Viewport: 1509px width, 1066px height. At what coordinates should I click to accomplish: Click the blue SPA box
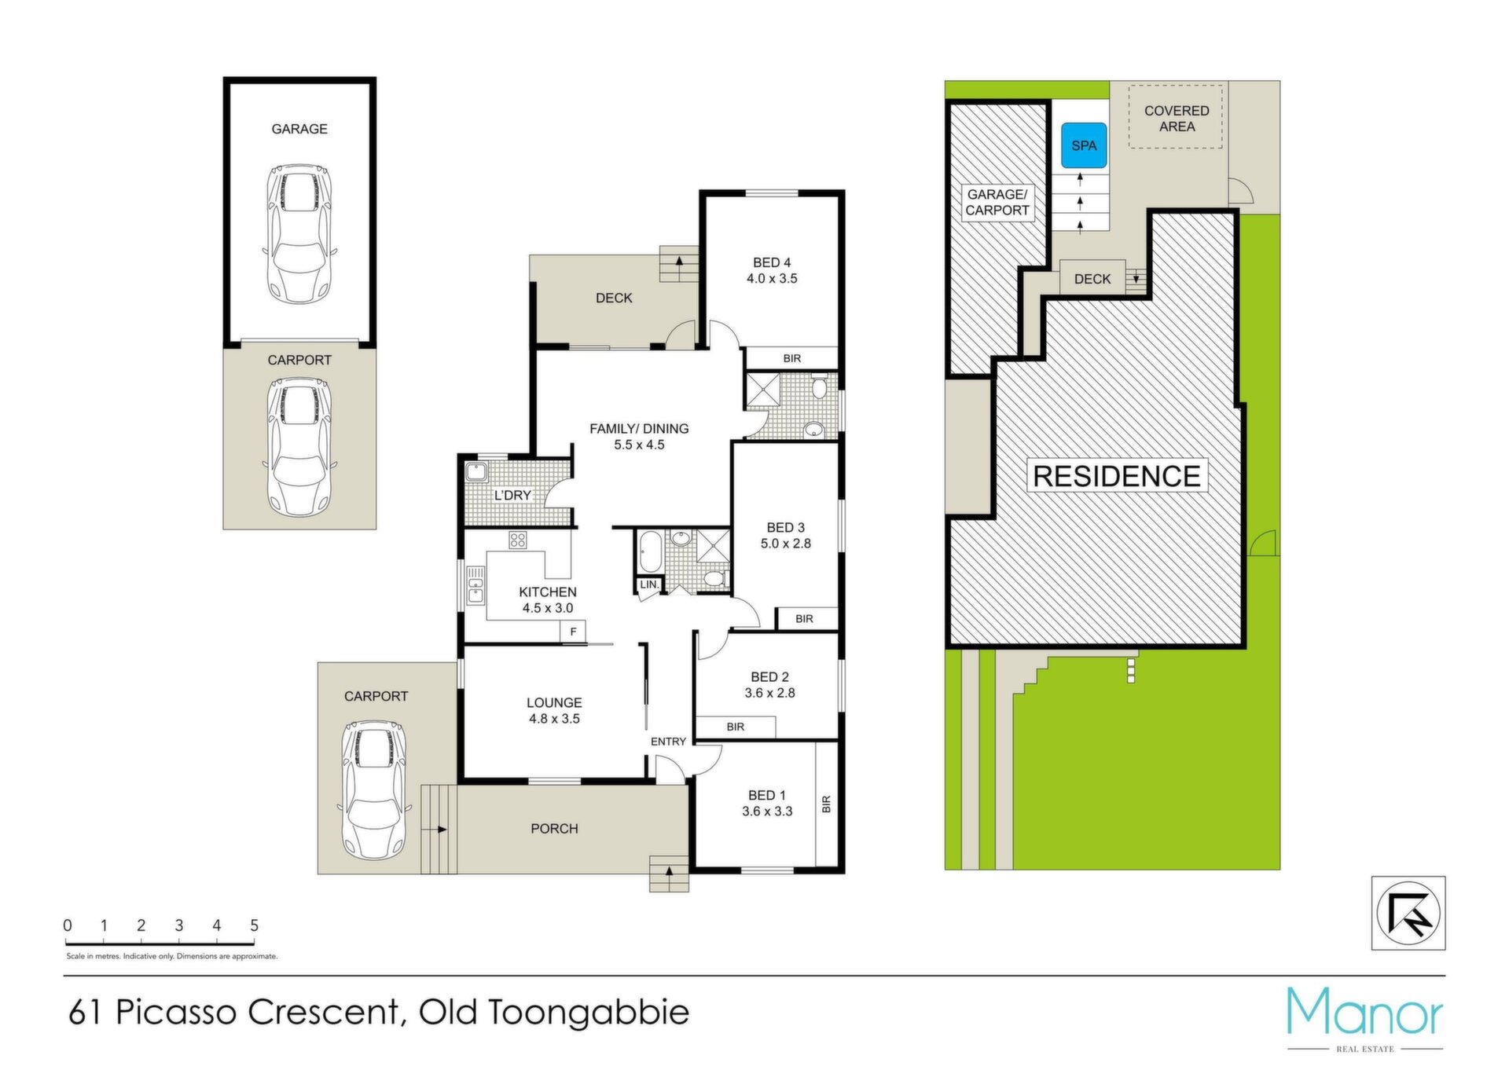click(1084, 145)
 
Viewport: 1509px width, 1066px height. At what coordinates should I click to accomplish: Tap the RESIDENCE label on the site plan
click(1116, 476)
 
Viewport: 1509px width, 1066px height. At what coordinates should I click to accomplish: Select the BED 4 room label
click(772, 270)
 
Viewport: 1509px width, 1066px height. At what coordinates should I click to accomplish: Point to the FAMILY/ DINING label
click(639, 437)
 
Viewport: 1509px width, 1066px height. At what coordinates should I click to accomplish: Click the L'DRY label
click(512, 496)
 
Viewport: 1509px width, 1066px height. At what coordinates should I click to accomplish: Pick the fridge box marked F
click(574, 632)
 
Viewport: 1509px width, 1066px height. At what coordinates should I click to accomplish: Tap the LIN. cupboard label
click(649, 584)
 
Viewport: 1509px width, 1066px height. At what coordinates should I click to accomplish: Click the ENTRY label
click(669, 742)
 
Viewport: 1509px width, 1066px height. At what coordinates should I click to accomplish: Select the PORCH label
click(554, 829)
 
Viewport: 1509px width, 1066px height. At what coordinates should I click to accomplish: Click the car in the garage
click(299, 233)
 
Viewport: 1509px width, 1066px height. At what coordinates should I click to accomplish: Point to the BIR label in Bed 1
click(826, 804)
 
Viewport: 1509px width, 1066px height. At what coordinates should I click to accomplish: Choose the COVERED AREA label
click(1177, 119)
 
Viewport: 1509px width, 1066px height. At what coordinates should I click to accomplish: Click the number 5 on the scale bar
click(254, 925)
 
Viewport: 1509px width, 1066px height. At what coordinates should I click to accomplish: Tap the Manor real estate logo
click(1365, 1018)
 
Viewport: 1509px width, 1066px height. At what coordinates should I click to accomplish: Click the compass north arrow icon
click(1408, 914)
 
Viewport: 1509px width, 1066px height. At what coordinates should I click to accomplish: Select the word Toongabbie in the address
click(589, 1013)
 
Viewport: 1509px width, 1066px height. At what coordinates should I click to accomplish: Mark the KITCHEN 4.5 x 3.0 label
click(548, 600)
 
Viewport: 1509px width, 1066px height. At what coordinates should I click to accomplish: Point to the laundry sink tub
click(476, 472)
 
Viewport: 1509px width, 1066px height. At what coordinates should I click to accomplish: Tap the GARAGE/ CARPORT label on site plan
click(997, 203)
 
